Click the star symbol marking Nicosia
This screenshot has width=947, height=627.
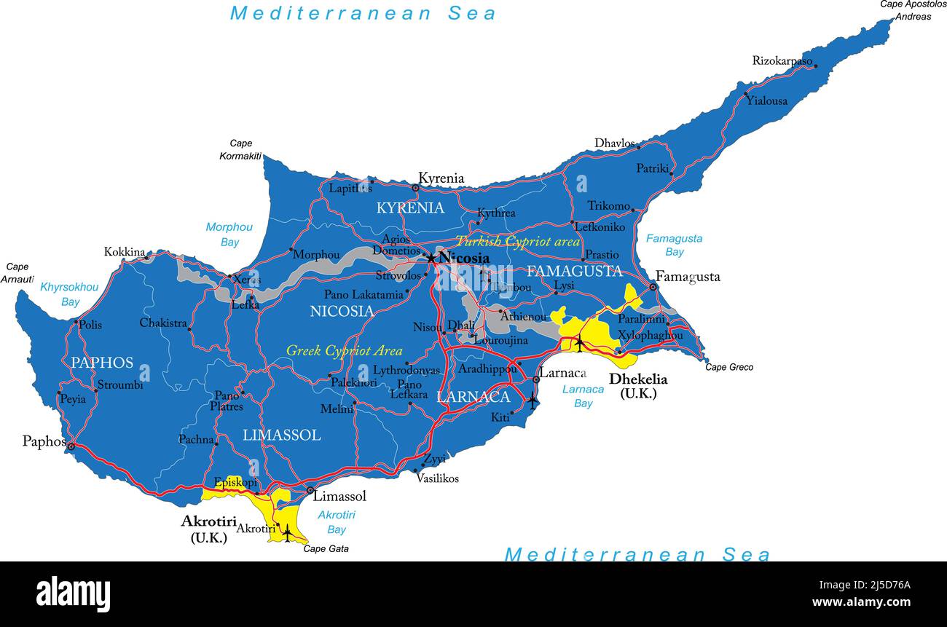click(431, 259)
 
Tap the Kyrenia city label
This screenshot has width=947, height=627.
click(441, 178)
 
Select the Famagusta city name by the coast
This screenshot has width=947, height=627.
click(688, 277)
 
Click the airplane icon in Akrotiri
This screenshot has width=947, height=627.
click(287, 533)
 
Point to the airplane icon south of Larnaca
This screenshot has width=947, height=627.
click(533, 400)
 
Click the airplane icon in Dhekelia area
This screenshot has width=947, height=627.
click(580, 342)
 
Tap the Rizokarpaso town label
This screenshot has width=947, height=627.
click(782, 61)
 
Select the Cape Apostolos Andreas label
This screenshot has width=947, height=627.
click(912, 10)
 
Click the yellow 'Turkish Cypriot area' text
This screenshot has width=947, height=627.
click(517, 242)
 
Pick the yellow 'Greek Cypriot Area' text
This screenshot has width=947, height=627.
click(344, 351)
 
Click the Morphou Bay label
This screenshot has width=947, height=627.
click(229, 234)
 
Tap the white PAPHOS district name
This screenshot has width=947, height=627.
click(102, 363)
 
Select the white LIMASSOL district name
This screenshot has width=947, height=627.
click(281, 435)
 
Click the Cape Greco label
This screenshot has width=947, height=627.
click(729, 368)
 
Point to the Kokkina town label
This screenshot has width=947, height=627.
click(125, 252)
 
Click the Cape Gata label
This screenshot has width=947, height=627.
click(326, 549)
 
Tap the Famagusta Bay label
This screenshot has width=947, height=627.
click(675, 245)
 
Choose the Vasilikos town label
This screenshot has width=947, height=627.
click(437, 478)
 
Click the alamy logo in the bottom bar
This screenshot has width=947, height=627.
click(73, 594)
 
